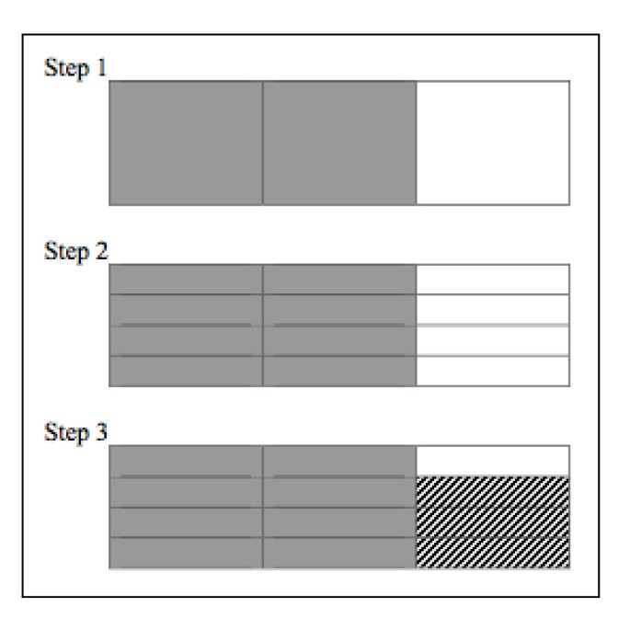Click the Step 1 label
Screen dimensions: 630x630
point(75,70)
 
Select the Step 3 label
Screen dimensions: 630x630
point(75,434)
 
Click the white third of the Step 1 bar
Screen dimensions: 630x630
point(493,143)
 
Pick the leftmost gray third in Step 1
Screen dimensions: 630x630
point(186,143)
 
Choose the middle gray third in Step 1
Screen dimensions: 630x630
point(339,143)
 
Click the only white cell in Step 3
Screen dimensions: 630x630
point(493,461)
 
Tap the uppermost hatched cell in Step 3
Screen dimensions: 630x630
point(493,491)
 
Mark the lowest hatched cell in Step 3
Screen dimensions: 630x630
point(493,553)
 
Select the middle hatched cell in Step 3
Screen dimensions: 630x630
point(493,521)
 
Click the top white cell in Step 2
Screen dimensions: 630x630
point(493,280)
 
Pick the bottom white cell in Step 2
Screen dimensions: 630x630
point(493,370)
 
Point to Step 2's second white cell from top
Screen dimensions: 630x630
point(493,310)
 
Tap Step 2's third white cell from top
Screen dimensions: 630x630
point(493,340)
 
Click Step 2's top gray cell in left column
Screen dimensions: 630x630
point(186,280)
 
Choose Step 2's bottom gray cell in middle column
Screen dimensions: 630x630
point(339,370)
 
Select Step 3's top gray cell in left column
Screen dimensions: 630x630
point(186,461)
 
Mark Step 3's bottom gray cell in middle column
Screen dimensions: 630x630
point(339,553)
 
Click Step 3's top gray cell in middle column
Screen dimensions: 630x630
point(339,461)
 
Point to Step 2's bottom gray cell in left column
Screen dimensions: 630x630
point(186,370)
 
